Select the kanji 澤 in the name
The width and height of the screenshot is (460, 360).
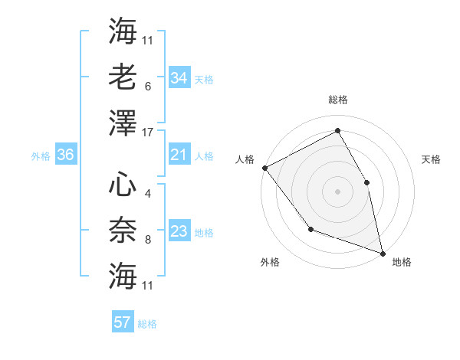point(123,123)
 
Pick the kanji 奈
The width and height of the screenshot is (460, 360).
point(123,230)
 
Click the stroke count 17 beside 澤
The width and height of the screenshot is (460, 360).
point(149,133)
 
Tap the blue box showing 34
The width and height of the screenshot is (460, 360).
point(179,78)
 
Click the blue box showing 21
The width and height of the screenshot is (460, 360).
point(179,155)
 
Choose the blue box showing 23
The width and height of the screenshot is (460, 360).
point(179,231)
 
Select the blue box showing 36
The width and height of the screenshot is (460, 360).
point(66,155)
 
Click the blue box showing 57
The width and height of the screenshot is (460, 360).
point(123,322)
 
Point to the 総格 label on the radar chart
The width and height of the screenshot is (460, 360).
point(337,100)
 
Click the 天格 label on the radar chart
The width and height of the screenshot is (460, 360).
point(431,159)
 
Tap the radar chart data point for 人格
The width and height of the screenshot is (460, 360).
point(264,167)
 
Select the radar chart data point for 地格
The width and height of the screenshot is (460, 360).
point(382,252)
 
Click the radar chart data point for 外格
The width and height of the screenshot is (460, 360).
point(310,228)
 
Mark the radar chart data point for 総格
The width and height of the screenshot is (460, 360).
point(337,130)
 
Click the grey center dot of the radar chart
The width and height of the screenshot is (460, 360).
point(337,191)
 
